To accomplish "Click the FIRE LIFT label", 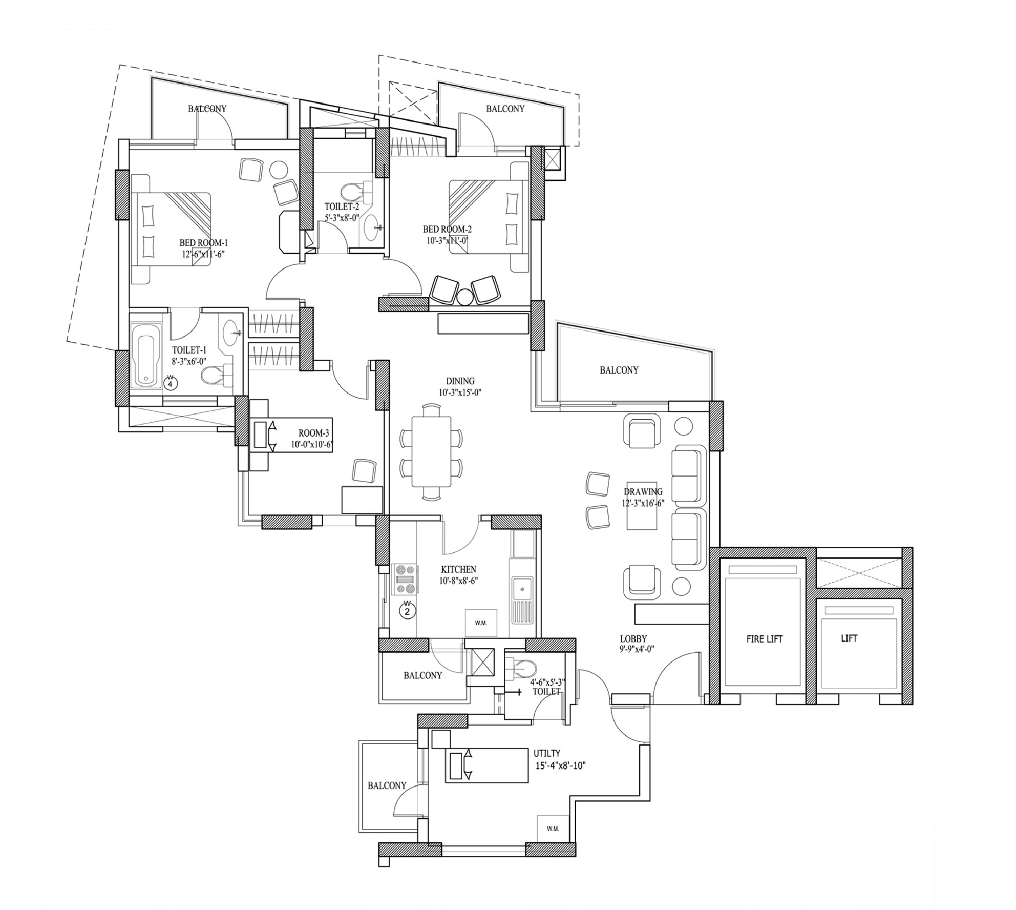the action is [x=764, y=639].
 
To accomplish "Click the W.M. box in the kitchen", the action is [x=480, y=623].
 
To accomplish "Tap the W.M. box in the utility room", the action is [x=553, y=829].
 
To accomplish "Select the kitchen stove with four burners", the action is [x=406, y=579].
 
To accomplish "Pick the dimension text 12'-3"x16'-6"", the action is [x=643, y=503].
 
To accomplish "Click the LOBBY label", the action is [x=633, y=639].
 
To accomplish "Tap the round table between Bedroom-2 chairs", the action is [x=465, y=297].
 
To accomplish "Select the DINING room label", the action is [x=460, y=381].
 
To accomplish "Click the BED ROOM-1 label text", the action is [x=204, y=243].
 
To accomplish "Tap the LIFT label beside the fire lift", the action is [x=849, y=638].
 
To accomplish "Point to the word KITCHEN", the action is [x=458, y=569].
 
